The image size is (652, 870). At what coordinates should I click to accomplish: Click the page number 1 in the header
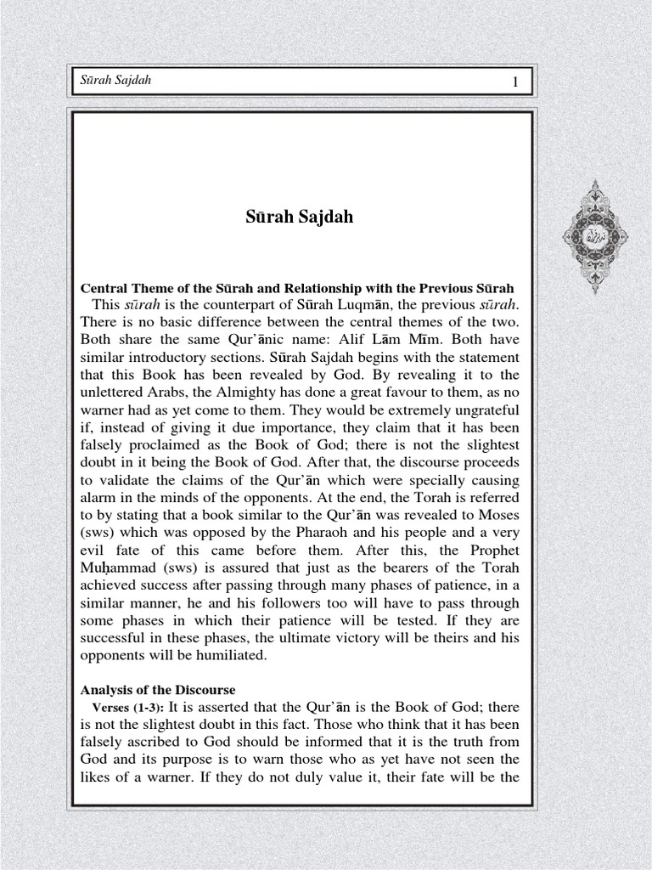point(514,81)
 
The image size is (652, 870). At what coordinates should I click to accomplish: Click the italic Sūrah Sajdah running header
point(115,81)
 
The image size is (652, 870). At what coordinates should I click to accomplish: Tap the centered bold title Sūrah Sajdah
point(298,217)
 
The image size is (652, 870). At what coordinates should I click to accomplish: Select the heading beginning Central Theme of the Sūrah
point(296,288)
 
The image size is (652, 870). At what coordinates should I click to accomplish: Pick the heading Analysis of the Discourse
point(157,689)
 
